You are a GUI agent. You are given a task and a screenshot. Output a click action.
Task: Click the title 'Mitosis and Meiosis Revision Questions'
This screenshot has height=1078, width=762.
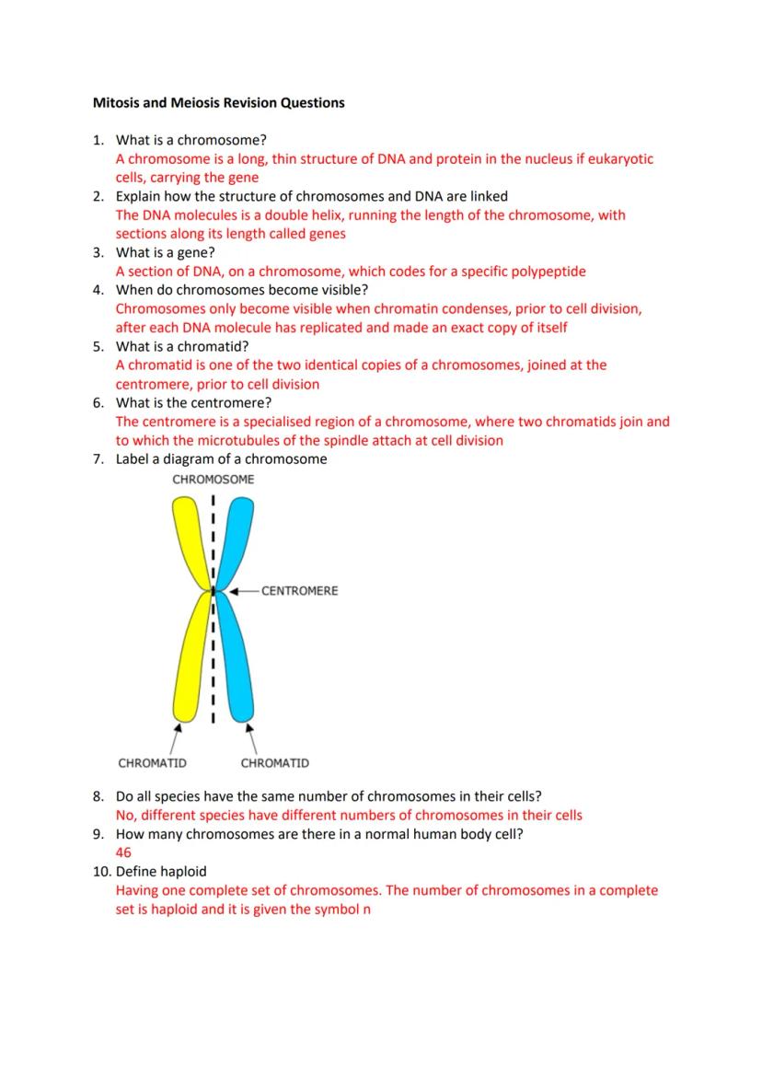[218, 103]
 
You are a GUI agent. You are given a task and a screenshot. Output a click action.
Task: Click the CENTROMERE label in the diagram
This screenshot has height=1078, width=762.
[299, 590]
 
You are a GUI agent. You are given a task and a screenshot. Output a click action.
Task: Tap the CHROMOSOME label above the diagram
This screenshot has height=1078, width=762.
[214, 480]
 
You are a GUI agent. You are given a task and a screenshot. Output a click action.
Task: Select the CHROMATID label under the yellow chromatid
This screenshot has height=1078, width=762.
[153, 763]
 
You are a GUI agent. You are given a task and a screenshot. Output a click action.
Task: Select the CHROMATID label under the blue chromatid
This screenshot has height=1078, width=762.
[275, 763]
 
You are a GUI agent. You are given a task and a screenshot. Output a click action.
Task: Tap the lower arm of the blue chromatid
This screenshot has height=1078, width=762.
[237, 663]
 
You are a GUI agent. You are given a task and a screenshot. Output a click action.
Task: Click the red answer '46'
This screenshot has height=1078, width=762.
[123, 852]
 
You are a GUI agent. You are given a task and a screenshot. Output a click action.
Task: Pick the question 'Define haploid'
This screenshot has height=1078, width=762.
[161, 871]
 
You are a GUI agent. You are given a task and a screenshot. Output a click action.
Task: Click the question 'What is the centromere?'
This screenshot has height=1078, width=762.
[193, 402]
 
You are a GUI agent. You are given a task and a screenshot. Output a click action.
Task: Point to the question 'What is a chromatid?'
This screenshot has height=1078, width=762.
[182, 346]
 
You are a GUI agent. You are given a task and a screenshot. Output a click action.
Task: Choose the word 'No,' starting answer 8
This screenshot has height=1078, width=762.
[126, 815]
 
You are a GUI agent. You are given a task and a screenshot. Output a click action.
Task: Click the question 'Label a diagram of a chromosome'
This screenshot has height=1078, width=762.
[221, 458]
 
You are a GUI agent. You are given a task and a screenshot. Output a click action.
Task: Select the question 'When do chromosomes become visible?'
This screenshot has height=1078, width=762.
[241, 290]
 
